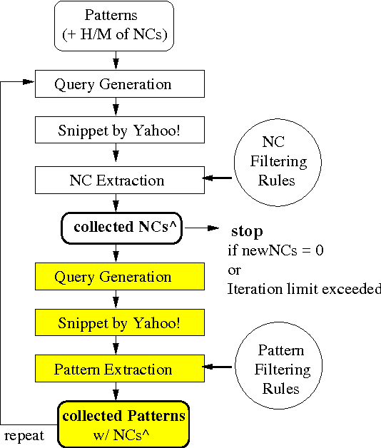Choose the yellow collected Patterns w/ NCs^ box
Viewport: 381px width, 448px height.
click(x=124, y=423)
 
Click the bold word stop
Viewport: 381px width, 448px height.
click(x=246, y=232)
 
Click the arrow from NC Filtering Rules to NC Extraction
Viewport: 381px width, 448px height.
click(x=218, y=179)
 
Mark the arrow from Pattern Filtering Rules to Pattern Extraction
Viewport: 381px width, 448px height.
click(x=218, y=368)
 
